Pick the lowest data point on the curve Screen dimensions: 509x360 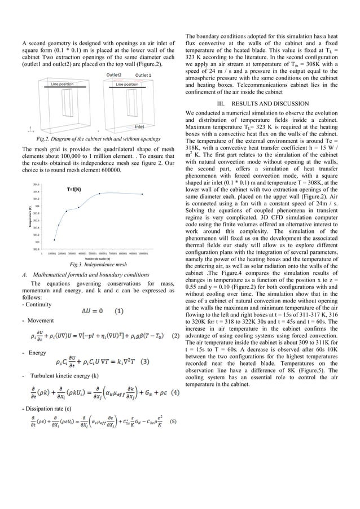(x=54, y=240)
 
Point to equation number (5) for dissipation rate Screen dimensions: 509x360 (x=173, y=420)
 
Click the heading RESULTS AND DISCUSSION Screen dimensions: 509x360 (x=258, y=103)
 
